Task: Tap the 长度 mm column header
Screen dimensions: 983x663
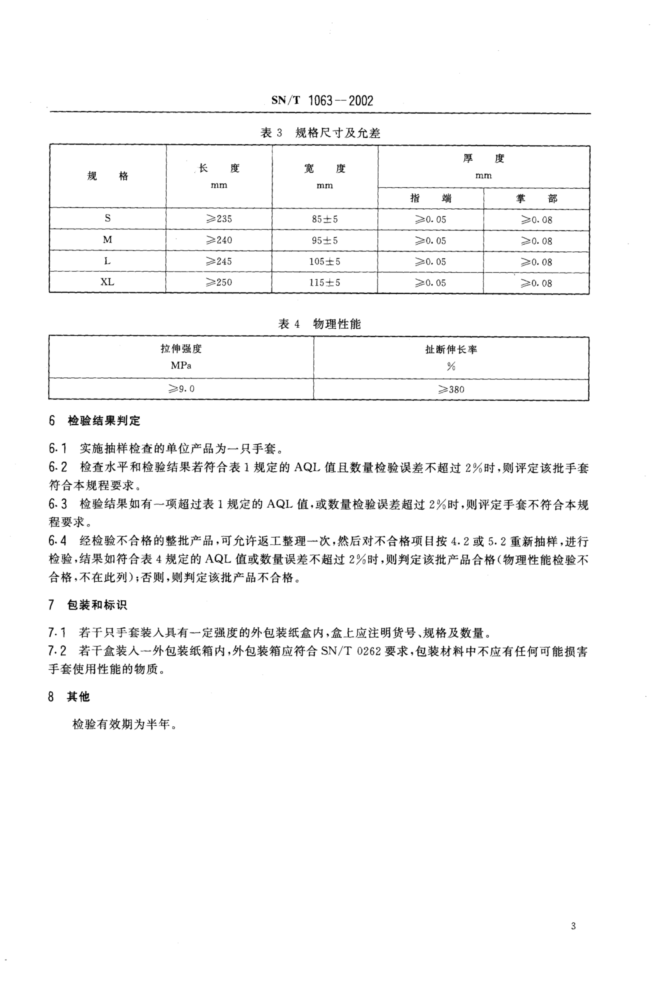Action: [x=219, y=176]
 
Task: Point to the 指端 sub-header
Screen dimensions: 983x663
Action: [x=430, y=198]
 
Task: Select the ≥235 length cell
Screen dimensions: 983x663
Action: [x=219, y=219]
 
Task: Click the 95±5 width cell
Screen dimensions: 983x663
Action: [x=325, y=240]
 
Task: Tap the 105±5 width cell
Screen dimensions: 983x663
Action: [x=325, y=261]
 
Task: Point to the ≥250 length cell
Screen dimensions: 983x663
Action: [x=219, y=282]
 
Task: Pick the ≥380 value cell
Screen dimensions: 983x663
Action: [x=451, y=389]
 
